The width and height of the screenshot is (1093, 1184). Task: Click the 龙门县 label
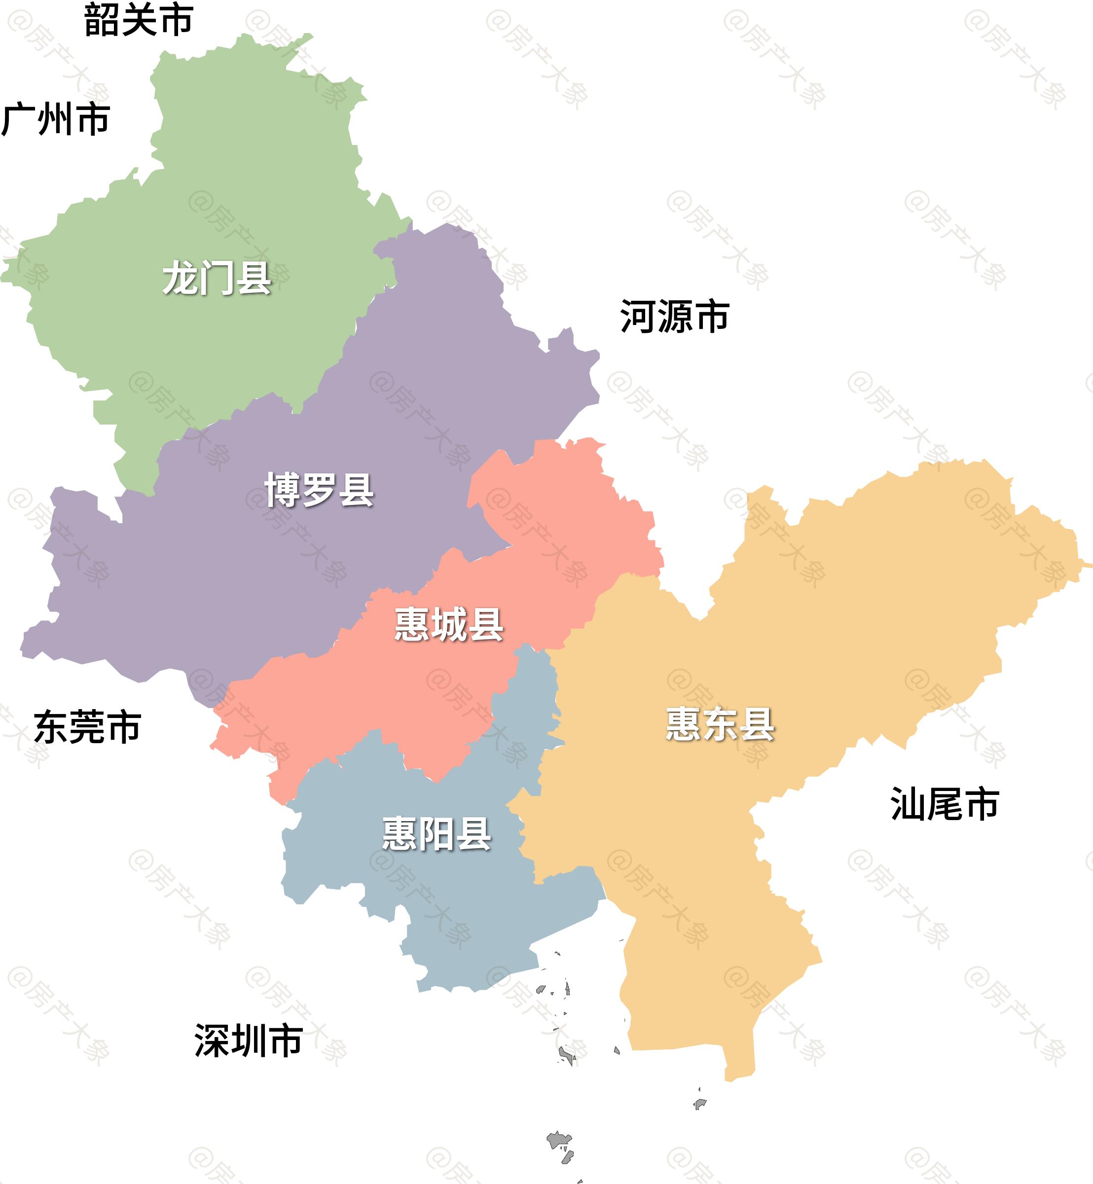tap(217, 278)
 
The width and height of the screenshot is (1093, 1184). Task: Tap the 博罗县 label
tap(320, 490)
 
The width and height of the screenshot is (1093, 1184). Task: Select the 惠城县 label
tap(449, 624)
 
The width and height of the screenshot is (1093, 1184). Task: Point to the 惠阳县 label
tap(437, 834)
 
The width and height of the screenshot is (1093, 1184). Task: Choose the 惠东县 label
tap(720, 724)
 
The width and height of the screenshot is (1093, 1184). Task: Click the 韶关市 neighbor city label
tap(139, 20)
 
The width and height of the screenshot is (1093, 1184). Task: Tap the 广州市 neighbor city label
tap(56, 119)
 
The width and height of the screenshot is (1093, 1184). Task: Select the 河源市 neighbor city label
tap(674, 317)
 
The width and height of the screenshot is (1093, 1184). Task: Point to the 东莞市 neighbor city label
tap(87, 727)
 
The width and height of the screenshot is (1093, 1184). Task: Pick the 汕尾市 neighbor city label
tap(945, 804)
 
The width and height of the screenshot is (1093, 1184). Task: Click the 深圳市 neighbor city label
tap(249, 1040)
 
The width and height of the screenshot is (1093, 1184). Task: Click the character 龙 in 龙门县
tap(180, 278)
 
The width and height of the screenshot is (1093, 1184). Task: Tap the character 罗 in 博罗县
tap(320, 490)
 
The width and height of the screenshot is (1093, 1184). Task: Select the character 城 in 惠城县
tap(449, 624)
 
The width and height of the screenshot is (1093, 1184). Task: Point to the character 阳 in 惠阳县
tap(437, 834)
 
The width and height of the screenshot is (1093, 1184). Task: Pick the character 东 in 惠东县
tap(720, 724)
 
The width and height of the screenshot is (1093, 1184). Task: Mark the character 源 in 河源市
tap(674, 317)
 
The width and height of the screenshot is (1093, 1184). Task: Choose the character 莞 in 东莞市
tap(87, 727)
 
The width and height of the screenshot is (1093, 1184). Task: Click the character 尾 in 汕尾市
tap(945, 804)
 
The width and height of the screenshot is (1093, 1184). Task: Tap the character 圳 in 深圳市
tap(249, 1040)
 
